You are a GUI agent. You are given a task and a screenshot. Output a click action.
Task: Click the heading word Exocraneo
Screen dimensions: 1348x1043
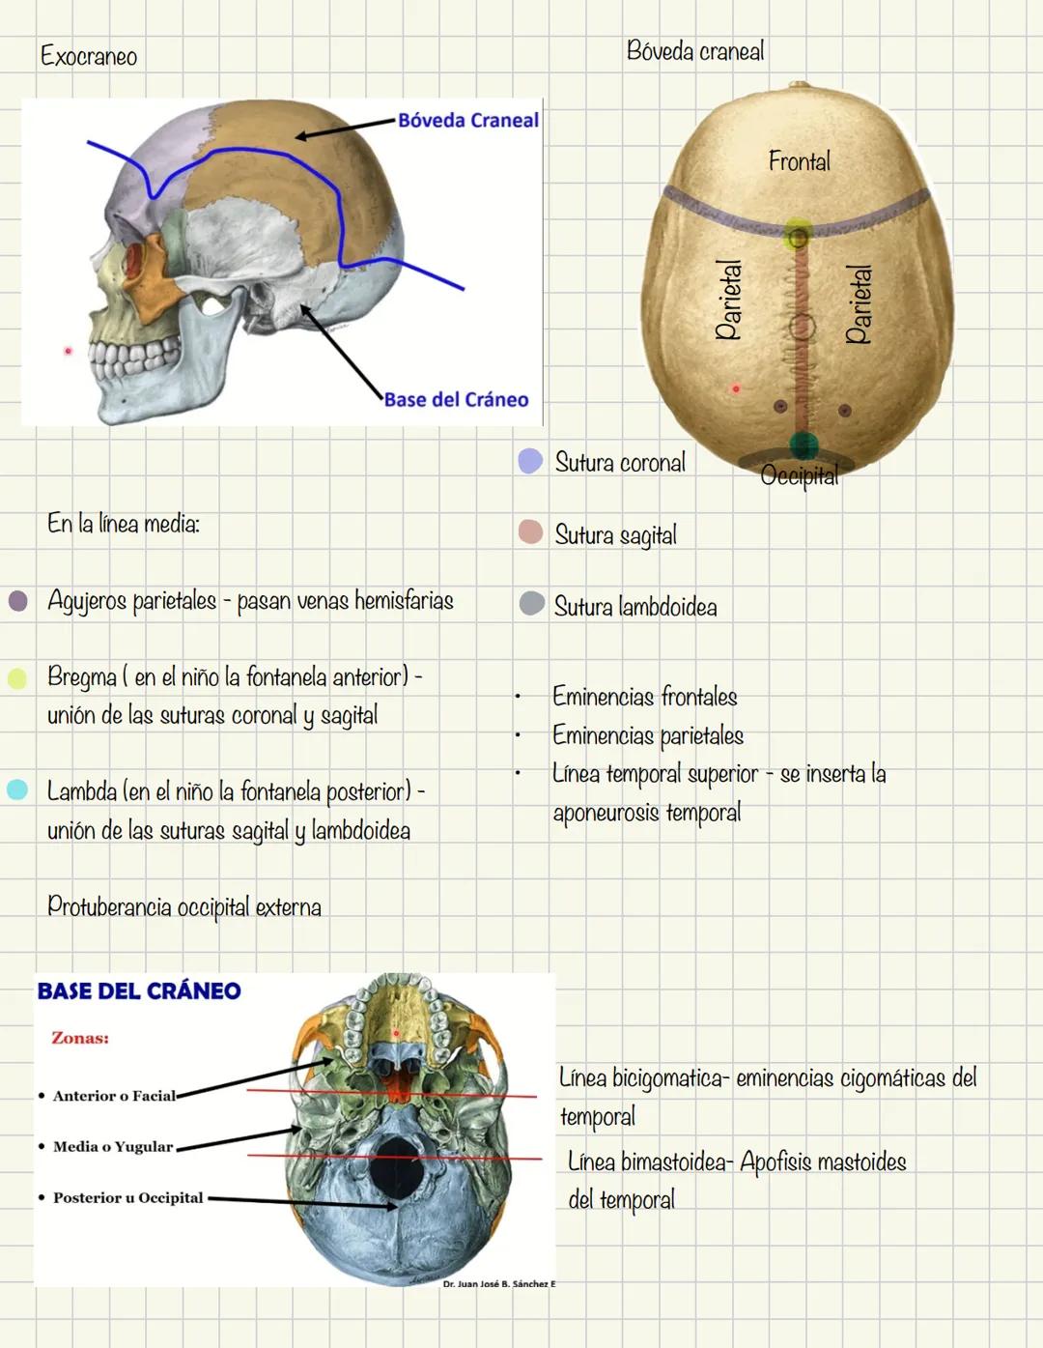[89, 56]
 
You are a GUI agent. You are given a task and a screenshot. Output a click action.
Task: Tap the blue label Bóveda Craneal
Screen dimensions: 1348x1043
[467, 120]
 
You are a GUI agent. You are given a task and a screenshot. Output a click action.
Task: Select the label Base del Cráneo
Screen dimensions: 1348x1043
[456, 399]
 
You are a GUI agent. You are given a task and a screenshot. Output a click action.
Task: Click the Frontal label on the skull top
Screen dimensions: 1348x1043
[799, 160]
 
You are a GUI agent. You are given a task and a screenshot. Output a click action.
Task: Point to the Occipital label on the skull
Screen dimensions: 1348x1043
[799, 475]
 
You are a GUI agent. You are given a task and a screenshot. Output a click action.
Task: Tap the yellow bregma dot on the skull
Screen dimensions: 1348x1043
[798, 233]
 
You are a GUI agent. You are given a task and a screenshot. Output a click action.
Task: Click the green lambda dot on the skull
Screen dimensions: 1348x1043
[803, 445]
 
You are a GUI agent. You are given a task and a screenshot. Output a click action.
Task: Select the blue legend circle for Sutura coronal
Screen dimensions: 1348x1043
[530, 461]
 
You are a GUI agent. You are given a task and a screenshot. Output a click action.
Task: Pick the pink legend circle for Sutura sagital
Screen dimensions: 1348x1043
[530, 532]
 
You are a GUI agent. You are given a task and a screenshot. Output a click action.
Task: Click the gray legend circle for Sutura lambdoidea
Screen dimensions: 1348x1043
[531, 604]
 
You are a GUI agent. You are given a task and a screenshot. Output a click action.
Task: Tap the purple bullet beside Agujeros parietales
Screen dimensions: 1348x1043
[17, 601]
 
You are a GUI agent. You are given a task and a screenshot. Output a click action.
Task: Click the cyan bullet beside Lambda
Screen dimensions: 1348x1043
[17, 789]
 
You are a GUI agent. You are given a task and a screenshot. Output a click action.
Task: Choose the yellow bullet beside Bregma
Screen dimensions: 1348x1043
[17, 677]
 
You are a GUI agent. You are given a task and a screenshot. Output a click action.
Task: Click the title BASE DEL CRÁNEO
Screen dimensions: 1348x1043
[139, 990]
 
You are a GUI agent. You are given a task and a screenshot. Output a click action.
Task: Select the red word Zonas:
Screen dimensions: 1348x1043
[80, 1038]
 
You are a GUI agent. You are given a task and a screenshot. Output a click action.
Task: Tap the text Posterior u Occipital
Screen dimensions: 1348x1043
[127, 1197]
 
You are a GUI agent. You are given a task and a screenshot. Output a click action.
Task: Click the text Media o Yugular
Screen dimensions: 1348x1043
[113, 1146]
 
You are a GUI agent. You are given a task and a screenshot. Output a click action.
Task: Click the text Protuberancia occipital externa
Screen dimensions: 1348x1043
[184, 906]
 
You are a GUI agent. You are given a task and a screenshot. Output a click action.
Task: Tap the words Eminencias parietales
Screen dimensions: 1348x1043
[647, 735]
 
